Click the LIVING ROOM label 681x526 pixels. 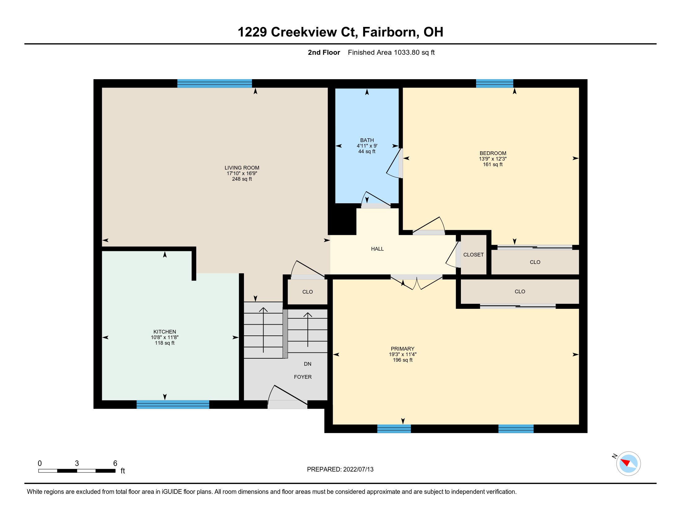coord(242,168)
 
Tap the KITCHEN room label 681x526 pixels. coord(165,332)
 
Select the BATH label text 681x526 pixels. coord(367,140)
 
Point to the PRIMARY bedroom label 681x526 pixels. coord(402,349)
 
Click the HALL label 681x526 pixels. coord(377,249)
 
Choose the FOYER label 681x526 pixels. coord(303,377)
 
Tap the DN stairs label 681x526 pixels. coord(307,364)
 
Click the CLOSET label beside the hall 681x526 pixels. coord(473,255)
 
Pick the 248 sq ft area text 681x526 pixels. coord(242,179)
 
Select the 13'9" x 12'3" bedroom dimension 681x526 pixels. coord(493,159)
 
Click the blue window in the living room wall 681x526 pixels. coord(215,84)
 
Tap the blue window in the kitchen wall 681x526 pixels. coord(173,404)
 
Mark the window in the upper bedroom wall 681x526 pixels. coord(495,84)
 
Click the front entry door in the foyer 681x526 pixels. coord(288,404)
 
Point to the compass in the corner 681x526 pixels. coord(628,464)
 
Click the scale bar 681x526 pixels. coord(77,471)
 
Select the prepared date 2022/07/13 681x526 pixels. coord(358,469)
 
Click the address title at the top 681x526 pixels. coord(340,32)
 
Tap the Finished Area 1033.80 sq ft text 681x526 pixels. coord(391,52)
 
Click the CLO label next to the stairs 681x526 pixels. coord(307,292)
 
